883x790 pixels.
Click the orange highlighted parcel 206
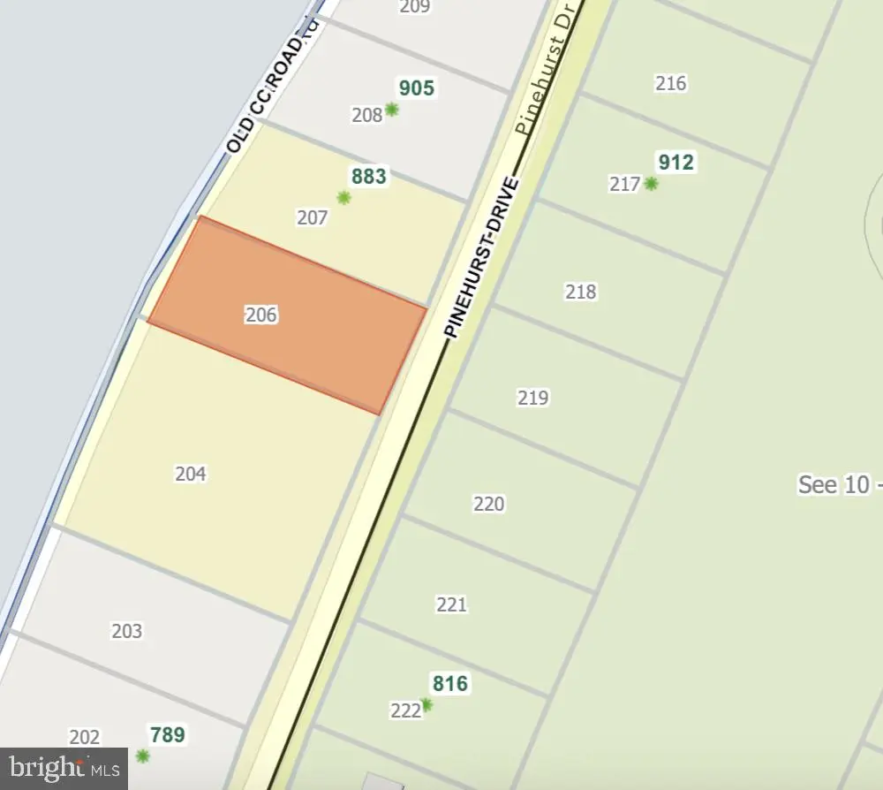point(287,315)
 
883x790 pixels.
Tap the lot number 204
point(191,475)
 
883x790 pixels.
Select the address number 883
point(369,177)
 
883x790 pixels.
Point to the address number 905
point(417,88)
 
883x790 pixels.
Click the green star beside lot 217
point(651,184)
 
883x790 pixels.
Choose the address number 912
point(675,163)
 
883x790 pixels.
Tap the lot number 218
point(581,292)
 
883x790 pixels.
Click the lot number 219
point(533,398)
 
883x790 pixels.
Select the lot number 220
point(489,504)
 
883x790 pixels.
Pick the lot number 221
point(451,604)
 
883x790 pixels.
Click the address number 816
point(449,683)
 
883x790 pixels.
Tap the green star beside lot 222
point(426,705)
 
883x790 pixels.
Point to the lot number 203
point(127,631)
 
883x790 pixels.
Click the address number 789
point(168,734)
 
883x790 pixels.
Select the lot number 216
point(671,84)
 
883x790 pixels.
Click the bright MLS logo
point(64,769)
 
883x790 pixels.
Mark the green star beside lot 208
point(391,110)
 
